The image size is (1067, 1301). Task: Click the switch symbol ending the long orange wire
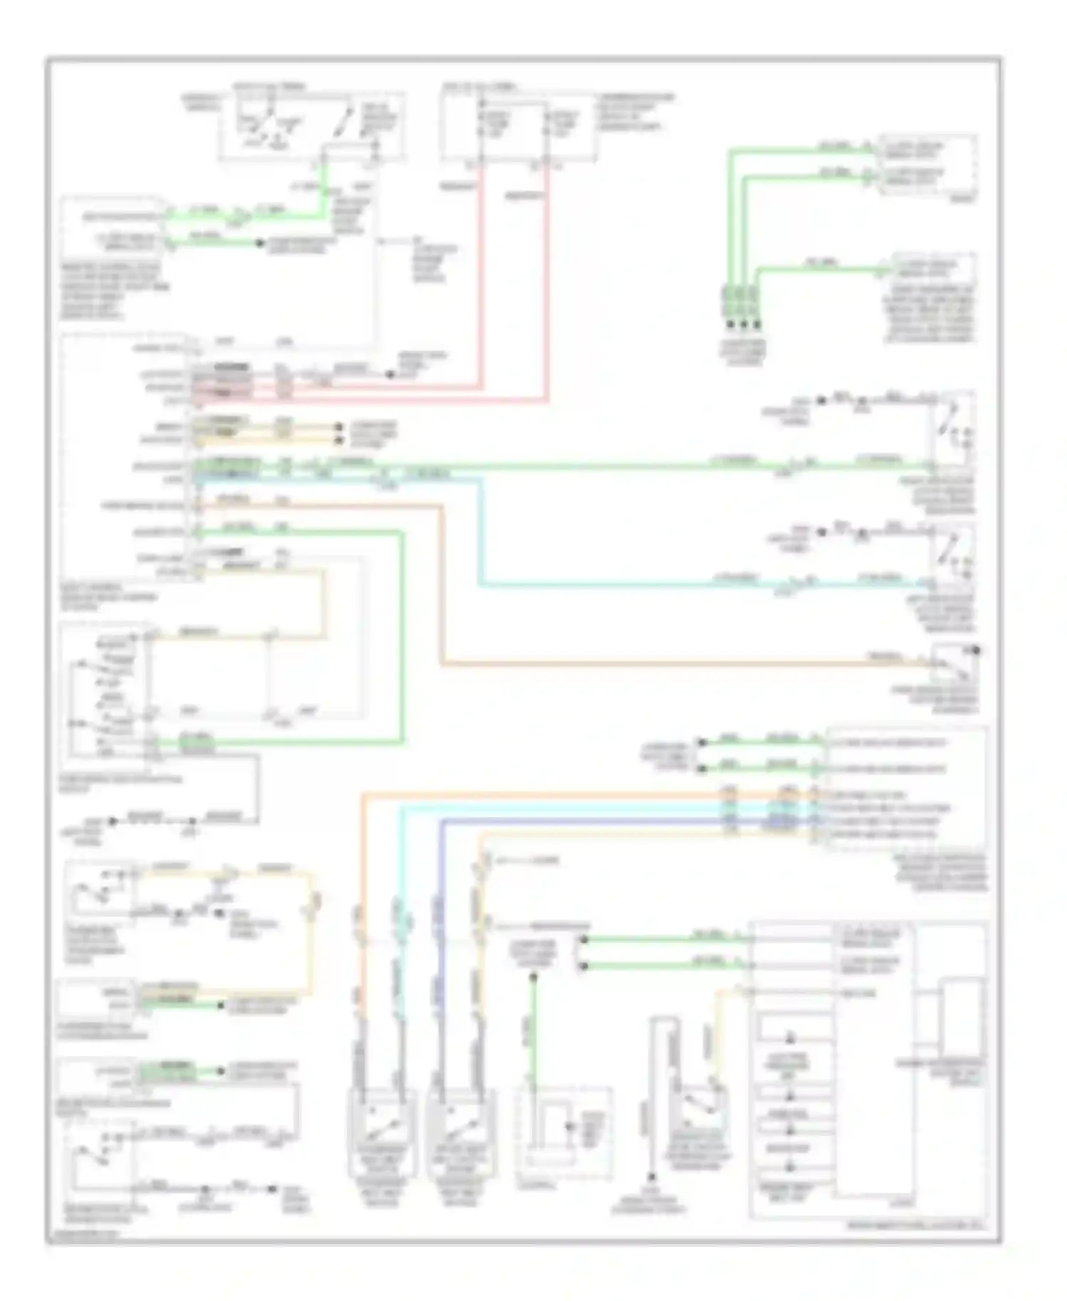955,663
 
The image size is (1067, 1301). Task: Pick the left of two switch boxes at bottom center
382,1131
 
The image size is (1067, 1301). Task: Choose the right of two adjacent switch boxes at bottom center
460,1131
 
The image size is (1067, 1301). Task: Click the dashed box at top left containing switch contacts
312,126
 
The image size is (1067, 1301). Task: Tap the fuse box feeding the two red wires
517,127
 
